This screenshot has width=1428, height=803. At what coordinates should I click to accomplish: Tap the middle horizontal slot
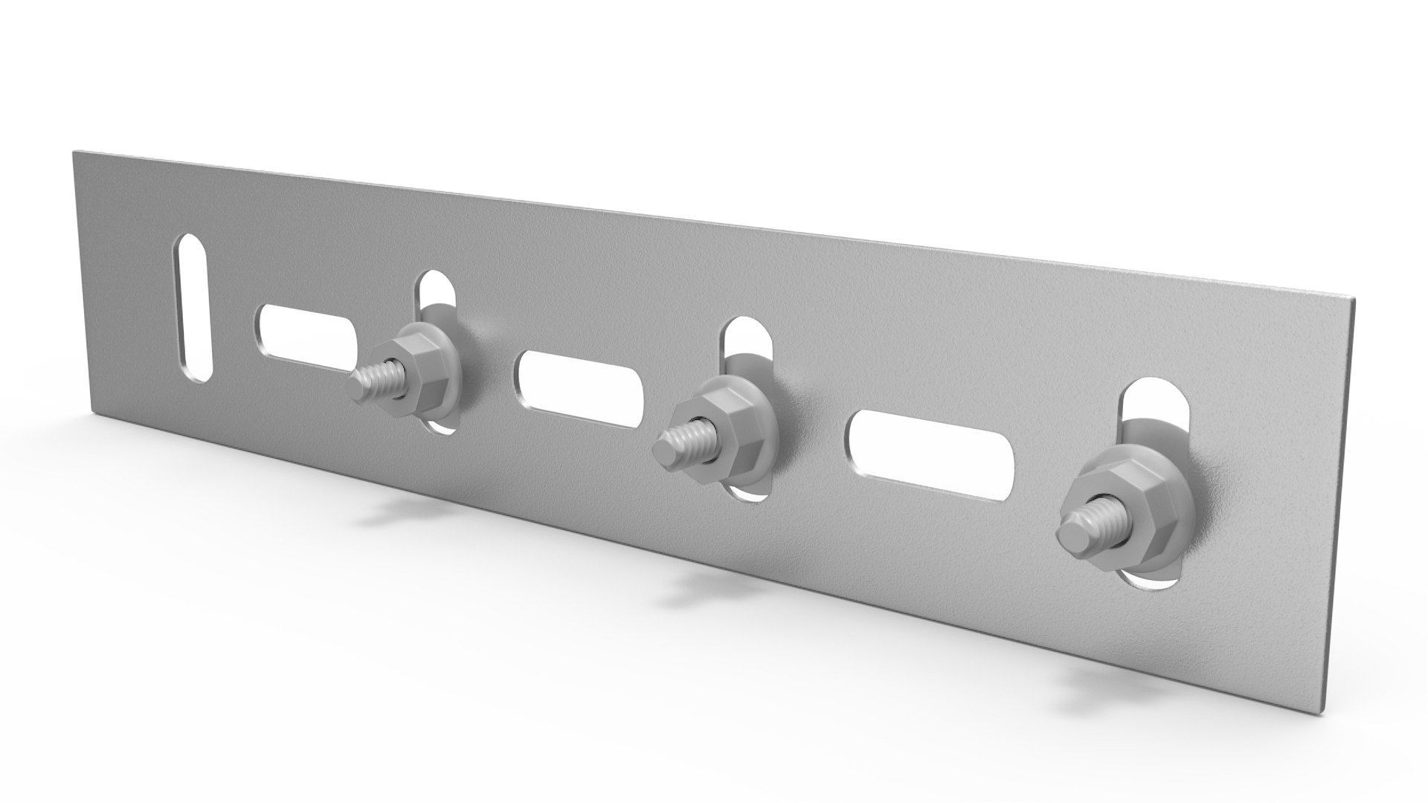coord(579,390)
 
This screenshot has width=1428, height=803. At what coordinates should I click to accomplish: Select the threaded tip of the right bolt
coord(1074,532)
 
